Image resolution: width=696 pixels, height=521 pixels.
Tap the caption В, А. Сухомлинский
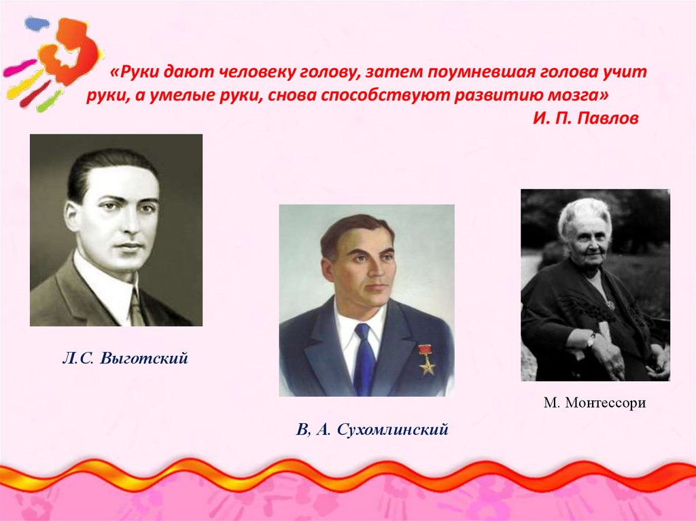coord(372,429)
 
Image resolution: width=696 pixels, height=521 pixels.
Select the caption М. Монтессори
coord(594,403)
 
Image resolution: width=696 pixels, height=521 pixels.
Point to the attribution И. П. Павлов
coord(586,118)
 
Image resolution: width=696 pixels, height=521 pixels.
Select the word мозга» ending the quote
coord(576,94)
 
